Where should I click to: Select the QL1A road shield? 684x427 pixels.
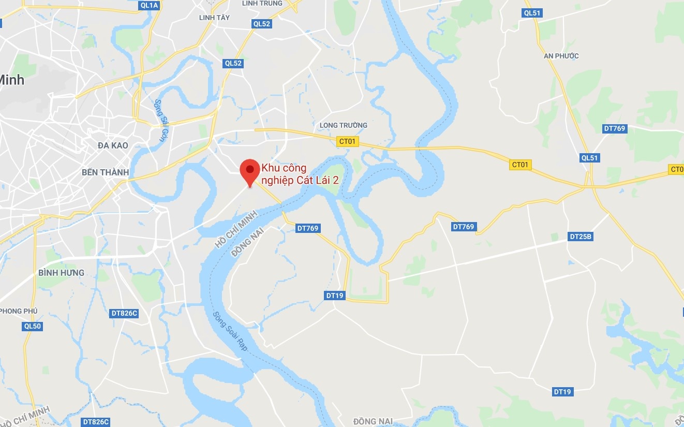pos(149,5)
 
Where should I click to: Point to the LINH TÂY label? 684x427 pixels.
pos(214,18)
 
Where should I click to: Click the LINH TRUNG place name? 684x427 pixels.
pos(262,3)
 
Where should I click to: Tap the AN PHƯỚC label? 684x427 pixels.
pos(561,56)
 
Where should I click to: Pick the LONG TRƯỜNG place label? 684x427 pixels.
pos(344,125)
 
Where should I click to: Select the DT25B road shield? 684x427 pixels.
pos(581,237)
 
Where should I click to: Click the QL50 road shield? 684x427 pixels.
pos(32,326)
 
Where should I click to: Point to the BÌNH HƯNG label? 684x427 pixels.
pos(61,272)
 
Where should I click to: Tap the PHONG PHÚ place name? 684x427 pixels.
pos(19,311)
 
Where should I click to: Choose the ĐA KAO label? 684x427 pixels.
pos(113,145)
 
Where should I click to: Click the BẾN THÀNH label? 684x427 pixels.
pos(105,172)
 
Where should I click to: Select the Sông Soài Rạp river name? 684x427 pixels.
pos(230,331)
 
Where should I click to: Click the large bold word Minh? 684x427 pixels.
pos(11,80)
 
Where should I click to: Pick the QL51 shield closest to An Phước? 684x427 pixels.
pos(533,13)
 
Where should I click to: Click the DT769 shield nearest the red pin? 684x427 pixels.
pos(308,228)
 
